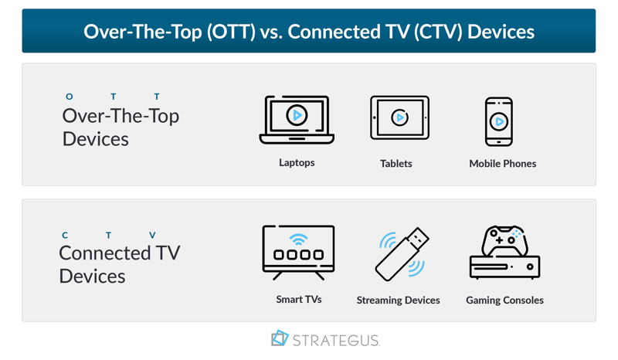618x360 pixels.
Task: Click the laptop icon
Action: pyautogui.click(x=297, y=120)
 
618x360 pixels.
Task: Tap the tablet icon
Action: pyautogui.click(x=399, y=118)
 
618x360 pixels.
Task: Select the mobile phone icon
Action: pyautogui.click(x=499, y=121)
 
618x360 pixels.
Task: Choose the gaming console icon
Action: pyautogui.click(x=504, y=253)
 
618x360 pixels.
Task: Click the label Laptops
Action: pyautogui.click(x=297, y=163)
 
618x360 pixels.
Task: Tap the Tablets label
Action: pyautogui.click(x=396, y=164)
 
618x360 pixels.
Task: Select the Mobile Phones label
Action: pyautogui.click(x=502, y=164)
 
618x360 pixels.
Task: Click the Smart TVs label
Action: pyautogui.click(x=299, y=299)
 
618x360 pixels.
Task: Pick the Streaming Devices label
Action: pyautogui.click(x=398, y=300)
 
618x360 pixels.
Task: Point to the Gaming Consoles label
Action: pyautogui.click(x=504, y=300)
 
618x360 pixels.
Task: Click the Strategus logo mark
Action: pyautogui.click(x=280, y=338)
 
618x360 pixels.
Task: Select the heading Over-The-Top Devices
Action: pyautogui.click(x=121, y=127)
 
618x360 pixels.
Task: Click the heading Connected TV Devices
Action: pyautogui.click(x=119, y=264)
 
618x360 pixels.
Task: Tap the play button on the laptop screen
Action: pyautogui.click(x=297, y=116)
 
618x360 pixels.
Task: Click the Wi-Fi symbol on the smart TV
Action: pyautogui.click(x=298, y=239)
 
